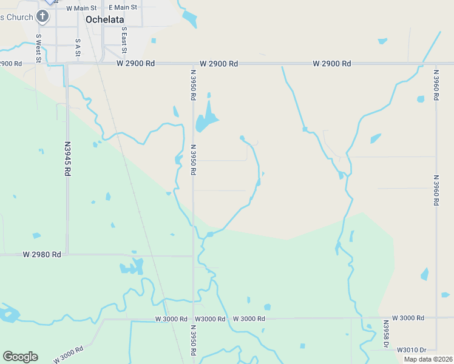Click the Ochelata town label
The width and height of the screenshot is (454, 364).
tap(104, 19)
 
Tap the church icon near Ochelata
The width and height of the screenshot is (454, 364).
tap(42, 16)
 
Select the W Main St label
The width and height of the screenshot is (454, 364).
tap(81, 8)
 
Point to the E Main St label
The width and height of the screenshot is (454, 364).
tap(123, 8)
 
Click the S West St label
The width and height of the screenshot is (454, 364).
tap(38, 48)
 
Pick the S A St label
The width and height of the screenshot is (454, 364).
tap(78, 48)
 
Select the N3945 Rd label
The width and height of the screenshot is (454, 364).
tap(67, 160)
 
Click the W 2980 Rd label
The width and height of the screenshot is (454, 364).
tap(42, 254)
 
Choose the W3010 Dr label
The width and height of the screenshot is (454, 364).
tap(412, 350)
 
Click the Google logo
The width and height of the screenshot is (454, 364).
tap(20, 357)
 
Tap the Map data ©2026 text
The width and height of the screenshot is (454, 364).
tap(428, 359)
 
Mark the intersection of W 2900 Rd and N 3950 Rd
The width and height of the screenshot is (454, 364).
tap(193, 63)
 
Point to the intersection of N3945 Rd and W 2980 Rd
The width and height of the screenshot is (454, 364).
tap(67, 254)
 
